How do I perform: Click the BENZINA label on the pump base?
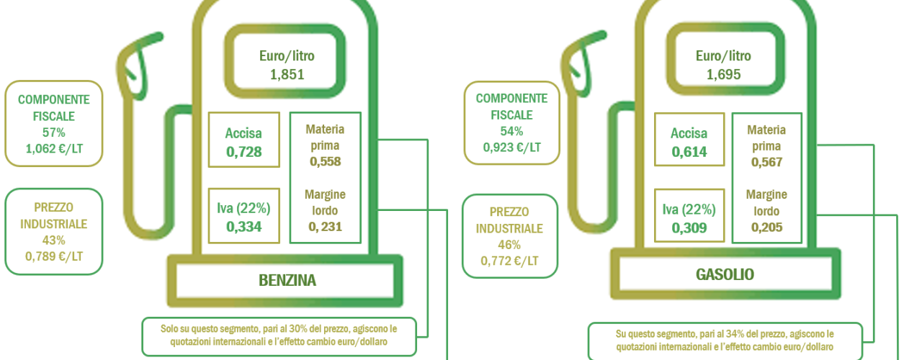coord(287,281)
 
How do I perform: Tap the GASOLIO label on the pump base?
coord(725,274)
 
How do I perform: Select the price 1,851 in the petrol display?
coord(287,74)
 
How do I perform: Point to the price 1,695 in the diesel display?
coord(723,74)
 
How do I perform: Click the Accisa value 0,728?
coord(243,152)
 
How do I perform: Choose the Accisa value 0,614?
coord(689,152)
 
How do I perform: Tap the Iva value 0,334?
coord(243,227)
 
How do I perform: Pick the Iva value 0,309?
coord(689,228)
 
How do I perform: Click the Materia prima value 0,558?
coord(325,161)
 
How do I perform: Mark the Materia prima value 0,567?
coord(766,162)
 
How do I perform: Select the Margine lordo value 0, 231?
coord(325,227)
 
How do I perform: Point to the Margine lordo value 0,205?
coord(766,227)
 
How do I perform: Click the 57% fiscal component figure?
coord(53,132)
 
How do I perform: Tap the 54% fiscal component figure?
coord(511,131)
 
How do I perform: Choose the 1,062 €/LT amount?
coord(54,148)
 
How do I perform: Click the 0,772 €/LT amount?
coord(509,261)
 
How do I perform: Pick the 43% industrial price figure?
coord(53,240)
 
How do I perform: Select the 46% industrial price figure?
coord(509,245)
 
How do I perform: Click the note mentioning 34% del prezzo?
coord(725,341)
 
